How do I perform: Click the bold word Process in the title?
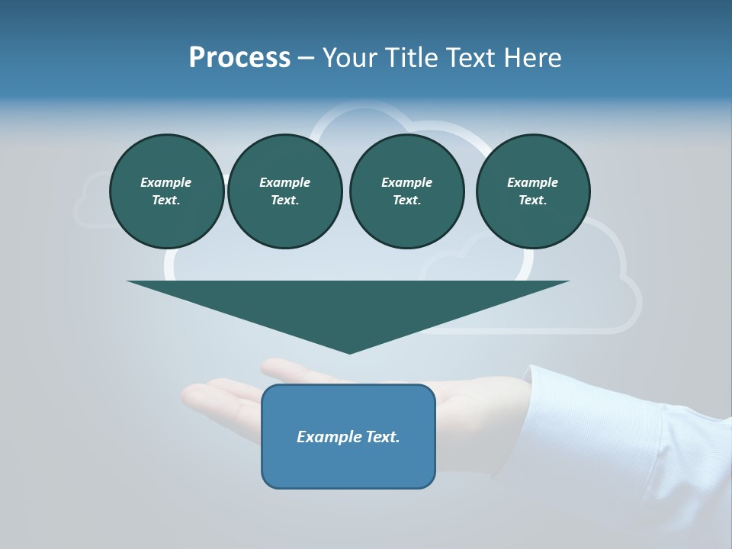pos(239,58)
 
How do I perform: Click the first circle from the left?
pos(166,191)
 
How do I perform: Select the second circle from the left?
pos(285,191)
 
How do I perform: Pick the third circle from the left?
pos(406,191)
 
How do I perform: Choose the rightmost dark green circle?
pos(533,191)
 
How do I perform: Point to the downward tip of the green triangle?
pos(350,352)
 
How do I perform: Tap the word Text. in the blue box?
pos(381,437)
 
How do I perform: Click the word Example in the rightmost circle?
pos(533,182)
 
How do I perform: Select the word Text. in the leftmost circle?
pos(166,201)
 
